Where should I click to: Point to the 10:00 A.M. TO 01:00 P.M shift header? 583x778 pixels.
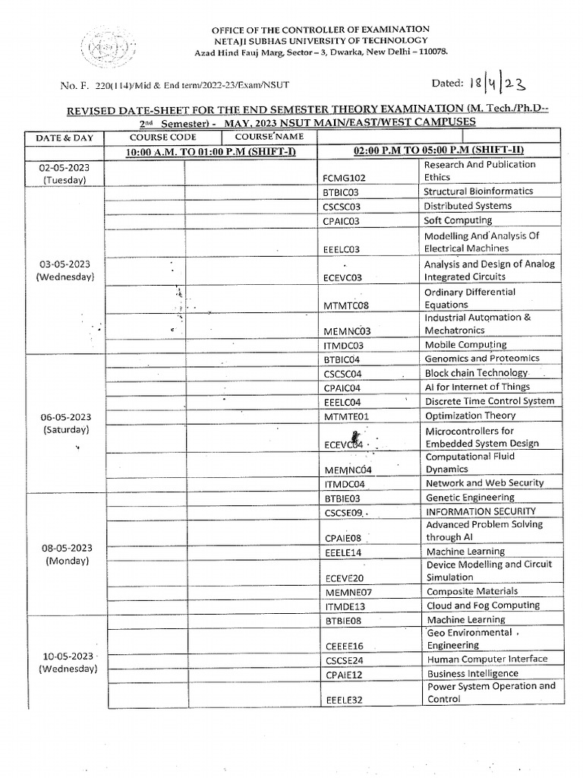[x=200, y=151]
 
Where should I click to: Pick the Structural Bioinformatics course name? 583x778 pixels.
[x=478, y=191]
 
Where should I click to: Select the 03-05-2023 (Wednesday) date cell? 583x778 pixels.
[x=65, y=270]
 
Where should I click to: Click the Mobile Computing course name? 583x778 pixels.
[x=465, y=344]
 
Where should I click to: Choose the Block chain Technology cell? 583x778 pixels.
[x=476, y=373]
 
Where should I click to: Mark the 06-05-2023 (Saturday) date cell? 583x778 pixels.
[x=65, y=423]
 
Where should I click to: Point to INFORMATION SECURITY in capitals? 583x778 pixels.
[x=481, y=511]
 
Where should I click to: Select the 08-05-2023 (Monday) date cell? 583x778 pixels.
[x=65, y=555]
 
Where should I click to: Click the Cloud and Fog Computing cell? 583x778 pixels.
[x=483, y=606]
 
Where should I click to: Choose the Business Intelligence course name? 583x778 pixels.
[x=472, y=674]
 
